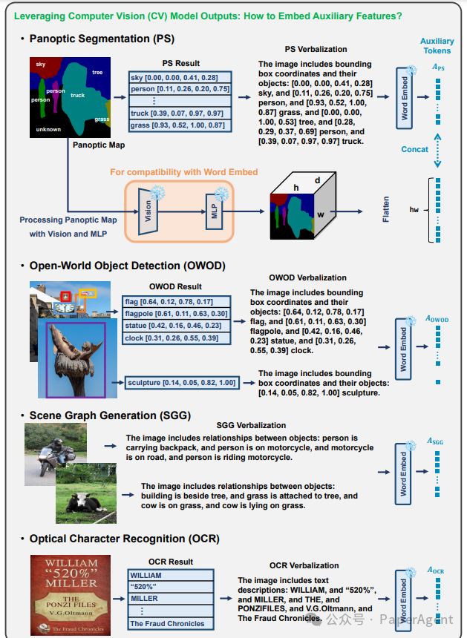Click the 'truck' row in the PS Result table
pyautogui.click(x=180, y=113)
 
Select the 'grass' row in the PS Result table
pyautogui.click(x=180, y=125)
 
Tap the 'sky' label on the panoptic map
pyautogui.click(x=41, y=65)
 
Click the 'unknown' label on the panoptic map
pyautogui.click(x=48, y=129)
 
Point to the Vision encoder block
pyautogui.click(x=148, y=211)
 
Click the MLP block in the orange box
pyautogui.click(x=215, y=211)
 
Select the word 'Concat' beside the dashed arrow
pyautogui.click(x=414, y=149)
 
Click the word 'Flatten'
pyautogui.click(x=385, y=209)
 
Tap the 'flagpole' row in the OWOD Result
pyautogui.click(x=176, y=314)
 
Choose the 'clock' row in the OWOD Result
pyautogui.click(x=176, y=338)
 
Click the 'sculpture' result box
pyautogui.click(x=182, y=383)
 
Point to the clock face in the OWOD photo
pyautogui.click(x=64, y=308)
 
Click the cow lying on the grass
pyautogui.click(x=81, y=502)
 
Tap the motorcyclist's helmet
pyautogui.click(x=58, y=443)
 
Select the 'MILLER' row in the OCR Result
pyautogui.click(x=171, y=599)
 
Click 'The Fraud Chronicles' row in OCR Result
pyautogui.click(x=171, y=623)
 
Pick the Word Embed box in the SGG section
pyautogui.click(x=403, y=474)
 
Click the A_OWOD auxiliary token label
pyautogui.click(x=437, y=318)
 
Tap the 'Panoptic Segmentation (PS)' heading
pyautogui.click(x=102, y=39)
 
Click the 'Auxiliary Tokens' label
pyautogui.click(x=437, y=46)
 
